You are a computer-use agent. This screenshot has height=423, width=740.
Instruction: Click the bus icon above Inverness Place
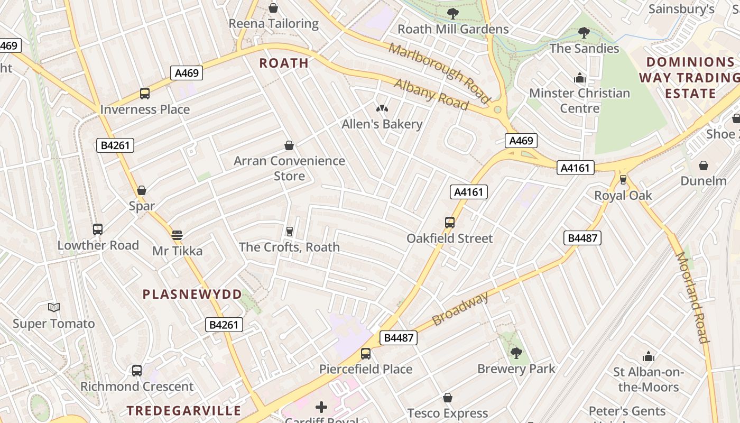point(145,94)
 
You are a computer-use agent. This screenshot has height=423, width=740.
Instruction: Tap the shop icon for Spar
point(142,190)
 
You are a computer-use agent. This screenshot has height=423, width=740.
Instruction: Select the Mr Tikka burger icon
point(177,235)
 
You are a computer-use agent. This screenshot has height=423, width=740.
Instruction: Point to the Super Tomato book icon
point(54,307)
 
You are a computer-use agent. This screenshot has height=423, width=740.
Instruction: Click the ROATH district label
point(284,63)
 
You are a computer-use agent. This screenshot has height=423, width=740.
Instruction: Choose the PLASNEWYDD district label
point(192,295)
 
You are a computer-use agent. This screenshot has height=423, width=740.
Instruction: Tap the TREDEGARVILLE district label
point(184,410)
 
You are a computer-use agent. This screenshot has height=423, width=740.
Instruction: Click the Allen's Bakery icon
point(382,109)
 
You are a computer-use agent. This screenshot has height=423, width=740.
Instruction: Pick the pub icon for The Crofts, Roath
point(289,231)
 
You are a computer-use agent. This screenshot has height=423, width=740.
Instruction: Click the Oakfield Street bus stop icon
point(450,223)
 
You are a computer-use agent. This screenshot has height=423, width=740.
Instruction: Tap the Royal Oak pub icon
point(623,180)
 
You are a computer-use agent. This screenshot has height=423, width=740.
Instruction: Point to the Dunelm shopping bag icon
point(704,165)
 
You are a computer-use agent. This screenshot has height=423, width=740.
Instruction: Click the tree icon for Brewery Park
point(516,353)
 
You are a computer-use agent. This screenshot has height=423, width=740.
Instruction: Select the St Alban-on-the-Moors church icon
point(649,356)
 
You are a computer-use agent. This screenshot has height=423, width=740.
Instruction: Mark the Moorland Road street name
point(691,297)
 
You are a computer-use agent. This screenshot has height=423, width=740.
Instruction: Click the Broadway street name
point(460,309)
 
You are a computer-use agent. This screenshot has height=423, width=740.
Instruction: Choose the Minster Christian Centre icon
point(580,78)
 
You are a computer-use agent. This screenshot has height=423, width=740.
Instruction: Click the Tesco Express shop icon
point(448,398)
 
